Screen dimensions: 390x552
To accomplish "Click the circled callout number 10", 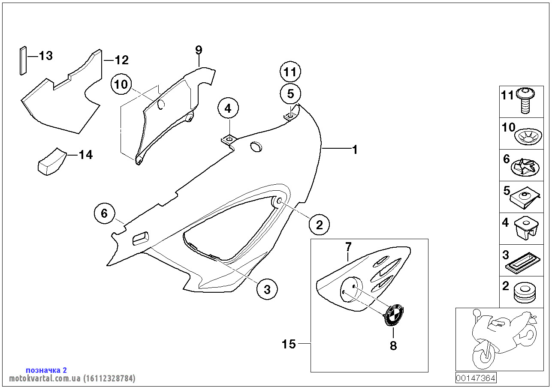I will coord(121,84).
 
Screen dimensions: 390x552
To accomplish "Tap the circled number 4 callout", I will coord(228,108).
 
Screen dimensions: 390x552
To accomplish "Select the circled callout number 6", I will coord(105,213).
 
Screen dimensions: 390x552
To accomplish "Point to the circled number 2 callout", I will coord(319,224).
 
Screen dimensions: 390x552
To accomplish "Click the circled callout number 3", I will coord(267,289).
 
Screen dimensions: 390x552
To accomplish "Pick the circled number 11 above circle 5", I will coord(290,72).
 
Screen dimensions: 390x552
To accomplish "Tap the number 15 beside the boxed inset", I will coord(289,344).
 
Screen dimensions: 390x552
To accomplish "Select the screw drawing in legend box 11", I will coord(525,101).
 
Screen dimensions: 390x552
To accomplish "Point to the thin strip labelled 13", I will coord(23,60).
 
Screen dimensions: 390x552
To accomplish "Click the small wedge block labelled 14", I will coord(49,161).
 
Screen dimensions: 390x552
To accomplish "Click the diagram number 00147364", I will coord(476,378).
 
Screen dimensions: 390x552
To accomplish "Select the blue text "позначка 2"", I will coord(46,370).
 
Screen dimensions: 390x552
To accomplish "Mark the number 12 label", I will coord(121,60).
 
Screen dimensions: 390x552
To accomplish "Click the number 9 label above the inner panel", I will coord(199,50).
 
